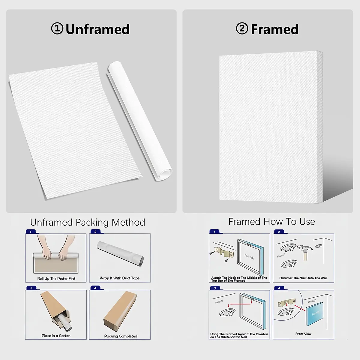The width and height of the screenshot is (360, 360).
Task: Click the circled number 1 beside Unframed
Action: pos(57,28)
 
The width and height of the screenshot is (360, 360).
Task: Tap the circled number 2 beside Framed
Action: pos(242,28)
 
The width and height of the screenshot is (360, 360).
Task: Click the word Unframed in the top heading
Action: pos(97,29)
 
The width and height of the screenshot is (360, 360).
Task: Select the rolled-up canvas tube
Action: pos(140,121)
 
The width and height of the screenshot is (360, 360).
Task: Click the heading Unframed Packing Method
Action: pos(88,222)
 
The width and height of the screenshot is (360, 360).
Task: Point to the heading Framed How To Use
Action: pos(271,222)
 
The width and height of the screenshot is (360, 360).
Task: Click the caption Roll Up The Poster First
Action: pos(56,278)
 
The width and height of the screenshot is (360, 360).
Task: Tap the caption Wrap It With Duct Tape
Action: pos(120,278)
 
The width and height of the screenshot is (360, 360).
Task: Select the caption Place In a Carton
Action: pos(56,336)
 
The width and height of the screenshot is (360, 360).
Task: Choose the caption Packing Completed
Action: pos(121,336)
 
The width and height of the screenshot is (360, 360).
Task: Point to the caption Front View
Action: pos(303,334)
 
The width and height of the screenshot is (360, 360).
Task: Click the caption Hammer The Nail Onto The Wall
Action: pos(303,278)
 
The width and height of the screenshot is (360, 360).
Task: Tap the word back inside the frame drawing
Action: pos(249,256)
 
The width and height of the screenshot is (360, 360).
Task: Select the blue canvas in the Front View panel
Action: pos(315,314)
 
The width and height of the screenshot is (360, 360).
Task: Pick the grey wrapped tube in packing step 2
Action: pos(120,253)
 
